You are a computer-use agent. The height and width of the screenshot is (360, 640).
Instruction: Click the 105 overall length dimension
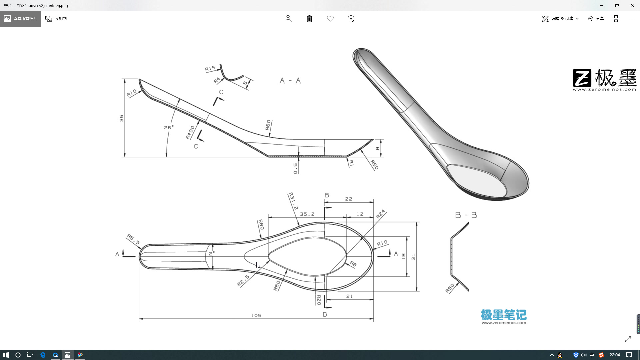[256, 315]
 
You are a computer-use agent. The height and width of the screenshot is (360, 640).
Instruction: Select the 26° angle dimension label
[169, 127]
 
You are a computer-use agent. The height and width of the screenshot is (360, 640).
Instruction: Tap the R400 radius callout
[190, 132]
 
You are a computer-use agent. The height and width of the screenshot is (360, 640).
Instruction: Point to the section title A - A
[290, 81]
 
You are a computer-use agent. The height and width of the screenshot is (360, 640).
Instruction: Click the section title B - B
[466, 215]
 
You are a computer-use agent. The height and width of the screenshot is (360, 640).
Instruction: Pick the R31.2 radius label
[293, 201]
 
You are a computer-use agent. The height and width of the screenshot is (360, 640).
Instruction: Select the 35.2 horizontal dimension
[307, 214]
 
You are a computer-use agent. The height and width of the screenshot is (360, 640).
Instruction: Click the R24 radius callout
[380, 214]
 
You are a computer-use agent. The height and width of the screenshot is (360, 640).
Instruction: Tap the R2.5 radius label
[243, 281]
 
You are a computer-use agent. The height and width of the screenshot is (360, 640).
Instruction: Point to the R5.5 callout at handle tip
[133, 239]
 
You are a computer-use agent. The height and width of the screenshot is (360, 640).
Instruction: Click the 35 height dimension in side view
[121, 118]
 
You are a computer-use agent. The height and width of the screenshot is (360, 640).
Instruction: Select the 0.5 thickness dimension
[295, 168]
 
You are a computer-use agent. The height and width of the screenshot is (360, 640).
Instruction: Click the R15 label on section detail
[210, 68]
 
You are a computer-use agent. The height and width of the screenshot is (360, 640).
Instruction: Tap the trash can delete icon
[309, 19]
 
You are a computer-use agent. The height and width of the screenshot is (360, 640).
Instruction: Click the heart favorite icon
[330, 19]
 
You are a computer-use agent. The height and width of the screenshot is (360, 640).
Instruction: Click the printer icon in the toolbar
[616, 19]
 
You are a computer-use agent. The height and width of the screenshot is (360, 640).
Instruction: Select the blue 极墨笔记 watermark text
[503, 314]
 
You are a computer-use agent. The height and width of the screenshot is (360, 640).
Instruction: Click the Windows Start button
[6, 355]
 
